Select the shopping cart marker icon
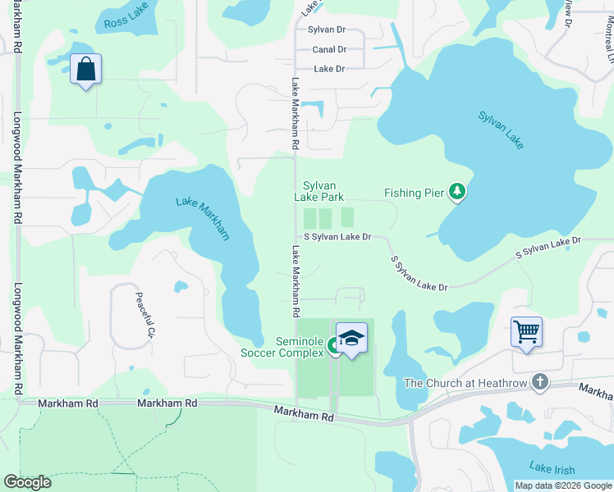point(526,332)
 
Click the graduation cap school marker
point(351,338)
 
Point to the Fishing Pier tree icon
point(457,193)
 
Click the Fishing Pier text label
point(415,194)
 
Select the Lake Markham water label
point(203,218)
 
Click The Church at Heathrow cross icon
point(539,382)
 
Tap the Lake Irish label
point(552,467)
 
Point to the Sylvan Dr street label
point(326,29)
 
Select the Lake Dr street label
point(329,69)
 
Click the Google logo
point(28,482)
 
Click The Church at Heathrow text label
point(465,383)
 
